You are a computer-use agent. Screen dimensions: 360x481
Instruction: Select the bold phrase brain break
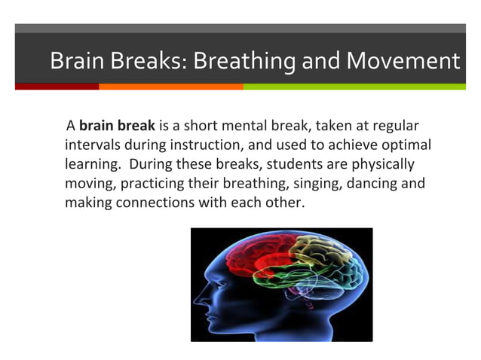click(118, 125)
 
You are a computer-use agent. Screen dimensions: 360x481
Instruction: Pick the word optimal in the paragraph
click(405, 145)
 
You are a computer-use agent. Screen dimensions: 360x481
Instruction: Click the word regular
click(391, 125)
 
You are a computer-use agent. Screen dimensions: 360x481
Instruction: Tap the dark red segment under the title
click(57, 87)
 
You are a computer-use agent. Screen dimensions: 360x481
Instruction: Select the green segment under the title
click(354, 87)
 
